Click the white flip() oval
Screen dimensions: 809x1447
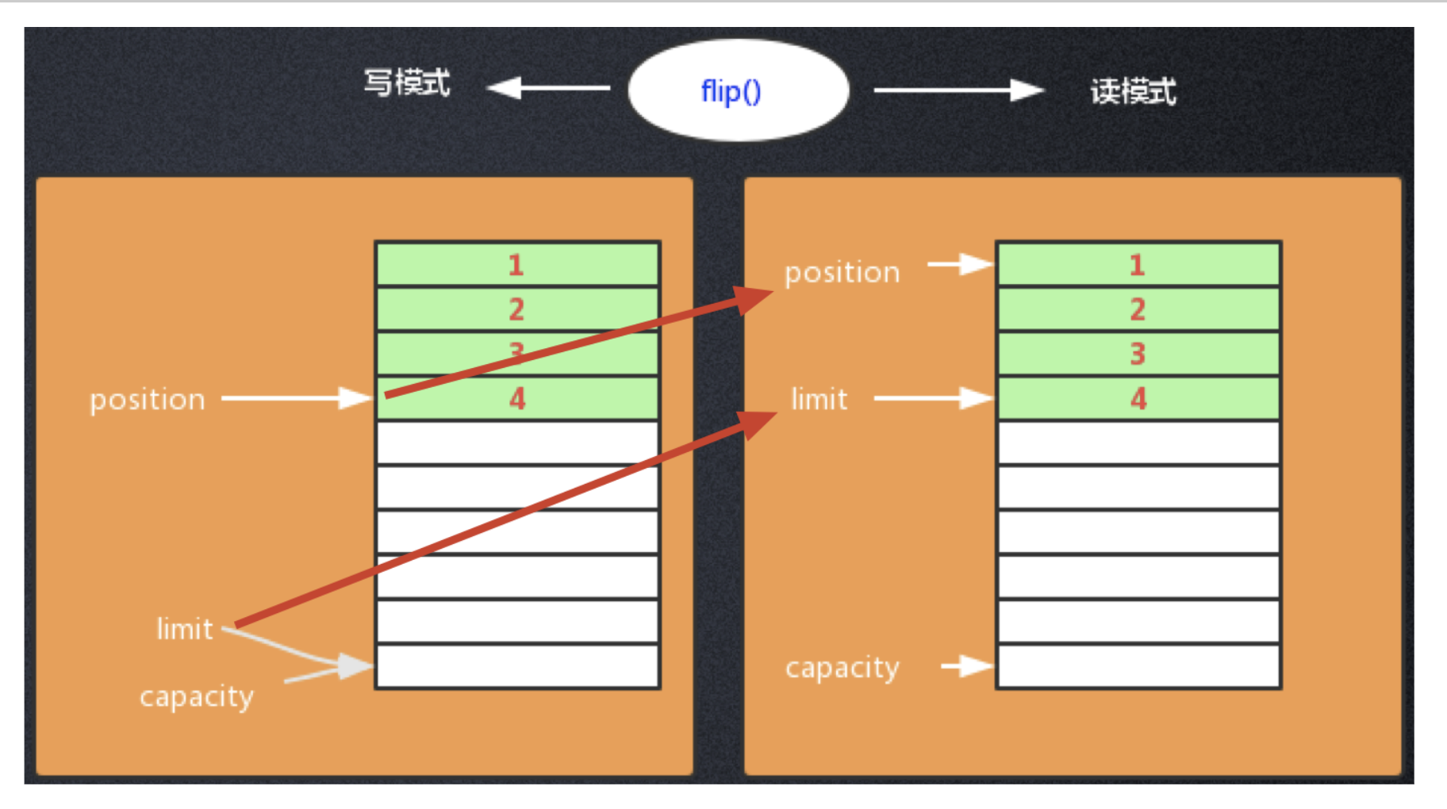[x=738, y=90]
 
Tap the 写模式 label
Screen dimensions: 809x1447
[x=407, y=82]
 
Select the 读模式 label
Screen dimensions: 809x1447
[x=1133, y=91]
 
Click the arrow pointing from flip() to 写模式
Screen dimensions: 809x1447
[x=547, y=87]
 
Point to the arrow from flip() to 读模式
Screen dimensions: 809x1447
[x=958, y=90]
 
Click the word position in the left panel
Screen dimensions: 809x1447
[x=148, y=400]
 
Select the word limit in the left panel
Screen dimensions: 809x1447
[x=184, y=630]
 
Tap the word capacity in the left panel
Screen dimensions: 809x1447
[x=197, y=697]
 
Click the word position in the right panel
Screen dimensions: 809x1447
[x=842, y=273]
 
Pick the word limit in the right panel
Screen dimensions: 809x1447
[x=819, y=399]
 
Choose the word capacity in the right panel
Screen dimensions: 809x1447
[x=842, y=668]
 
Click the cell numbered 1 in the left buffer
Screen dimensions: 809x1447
[x=517, y=264]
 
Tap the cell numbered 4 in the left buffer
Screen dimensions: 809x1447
[x=517, y=398]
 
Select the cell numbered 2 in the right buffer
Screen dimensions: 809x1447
[x=1138, y=309]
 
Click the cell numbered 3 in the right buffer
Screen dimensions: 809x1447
[x=1138, y=354]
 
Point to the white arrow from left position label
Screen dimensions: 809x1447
[x=296, y=397]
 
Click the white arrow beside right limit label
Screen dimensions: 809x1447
[x=933, y=398]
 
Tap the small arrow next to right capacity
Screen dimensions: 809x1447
[x=966, y=666]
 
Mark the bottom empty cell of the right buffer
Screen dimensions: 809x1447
[x=1138, y=666]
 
